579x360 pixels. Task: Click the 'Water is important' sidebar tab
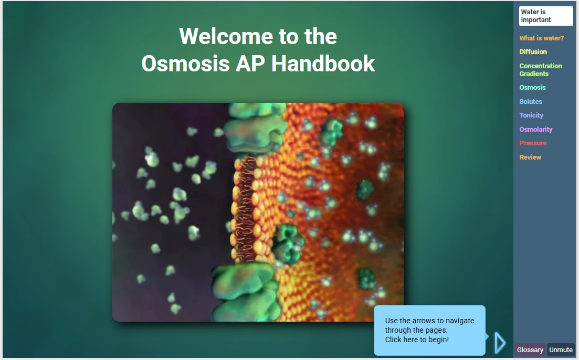coord(545,16)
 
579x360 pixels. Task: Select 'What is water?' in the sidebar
coord(541,38)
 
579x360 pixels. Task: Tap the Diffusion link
coord(533,52)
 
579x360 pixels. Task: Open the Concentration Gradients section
coord(541,70)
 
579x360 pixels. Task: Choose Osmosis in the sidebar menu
coord(532,88)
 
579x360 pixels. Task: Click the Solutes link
coord(531,101)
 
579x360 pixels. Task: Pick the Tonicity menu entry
coord(531,115)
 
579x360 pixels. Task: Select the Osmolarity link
coord(536,129)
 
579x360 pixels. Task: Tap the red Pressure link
coord(533,143)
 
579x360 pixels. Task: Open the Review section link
coord(530,157)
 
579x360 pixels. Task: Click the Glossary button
coord(530,350)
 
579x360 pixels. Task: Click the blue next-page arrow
coord(500,343)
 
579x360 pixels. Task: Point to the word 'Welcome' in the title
coord(226,36)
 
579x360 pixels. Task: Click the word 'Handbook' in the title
coord(323,63)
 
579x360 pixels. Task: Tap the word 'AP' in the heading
coord(250,63)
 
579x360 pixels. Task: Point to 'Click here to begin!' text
coord(417,340)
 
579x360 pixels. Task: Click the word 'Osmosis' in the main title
coord(185,63)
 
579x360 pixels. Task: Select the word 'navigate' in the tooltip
coord(460,321)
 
